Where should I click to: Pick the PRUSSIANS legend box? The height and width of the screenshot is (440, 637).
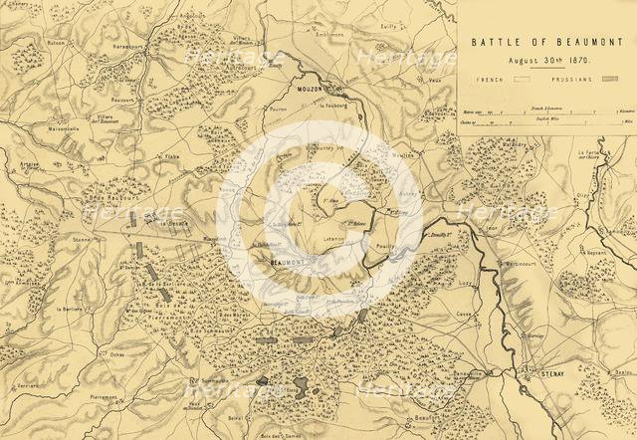[609, 77]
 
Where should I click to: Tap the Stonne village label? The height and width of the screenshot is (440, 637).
[84, 240]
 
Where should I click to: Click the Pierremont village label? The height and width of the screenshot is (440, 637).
[105, 395]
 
